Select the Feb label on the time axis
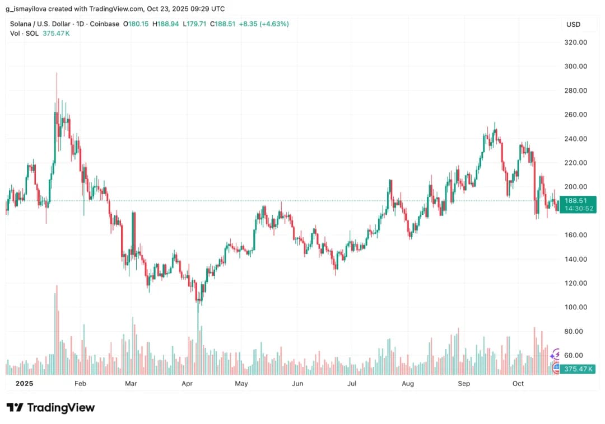point(80,383)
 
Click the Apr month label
point(187,383)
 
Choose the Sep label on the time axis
point(463,383)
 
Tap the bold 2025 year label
point(25,383)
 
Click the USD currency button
point(573,25)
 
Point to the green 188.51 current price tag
point(576,201)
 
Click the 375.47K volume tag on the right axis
point(579,369)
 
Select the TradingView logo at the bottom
point(51,408)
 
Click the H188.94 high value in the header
point(165,24)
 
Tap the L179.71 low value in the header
point(196,24)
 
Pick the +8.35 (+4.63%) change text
point(263,24)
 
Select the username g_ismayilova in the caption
point(27,8)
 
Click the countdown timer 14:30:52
point(576,209)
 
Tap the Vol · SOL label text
point(24,34)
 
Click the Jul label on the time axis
point(352,383)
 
